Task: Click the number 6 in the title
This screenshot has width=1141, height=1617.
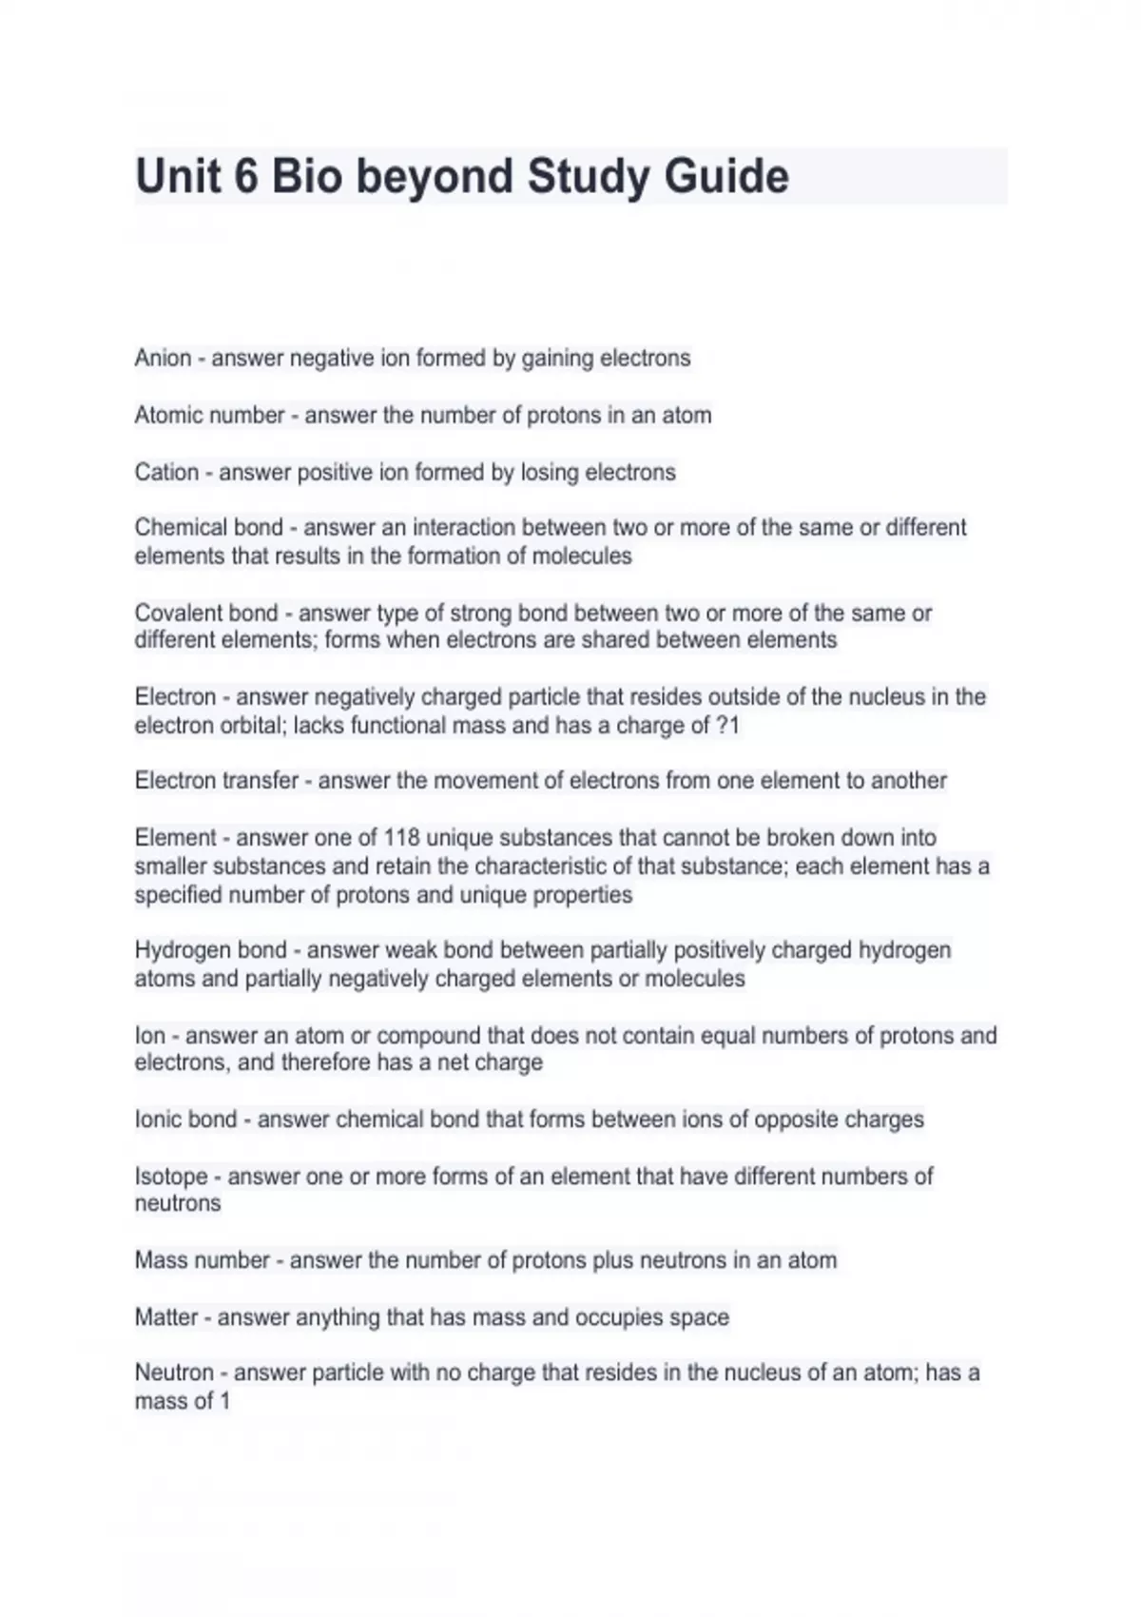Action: (245, 177)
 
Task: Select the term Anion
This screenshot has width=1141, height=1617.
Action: (163, 359)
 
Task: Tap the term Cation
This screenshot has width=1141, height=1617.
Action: (166, 473)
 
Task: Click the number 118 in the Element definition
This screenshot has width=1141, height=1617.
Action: (400, 838)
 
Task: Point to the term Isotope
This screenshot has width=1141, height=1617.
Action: (171, 1177)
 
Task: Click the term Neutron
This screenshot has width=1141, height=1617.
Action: (174, 1373)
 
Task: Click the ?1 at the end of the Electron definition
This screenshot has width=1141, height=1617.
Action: (727, 726)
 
